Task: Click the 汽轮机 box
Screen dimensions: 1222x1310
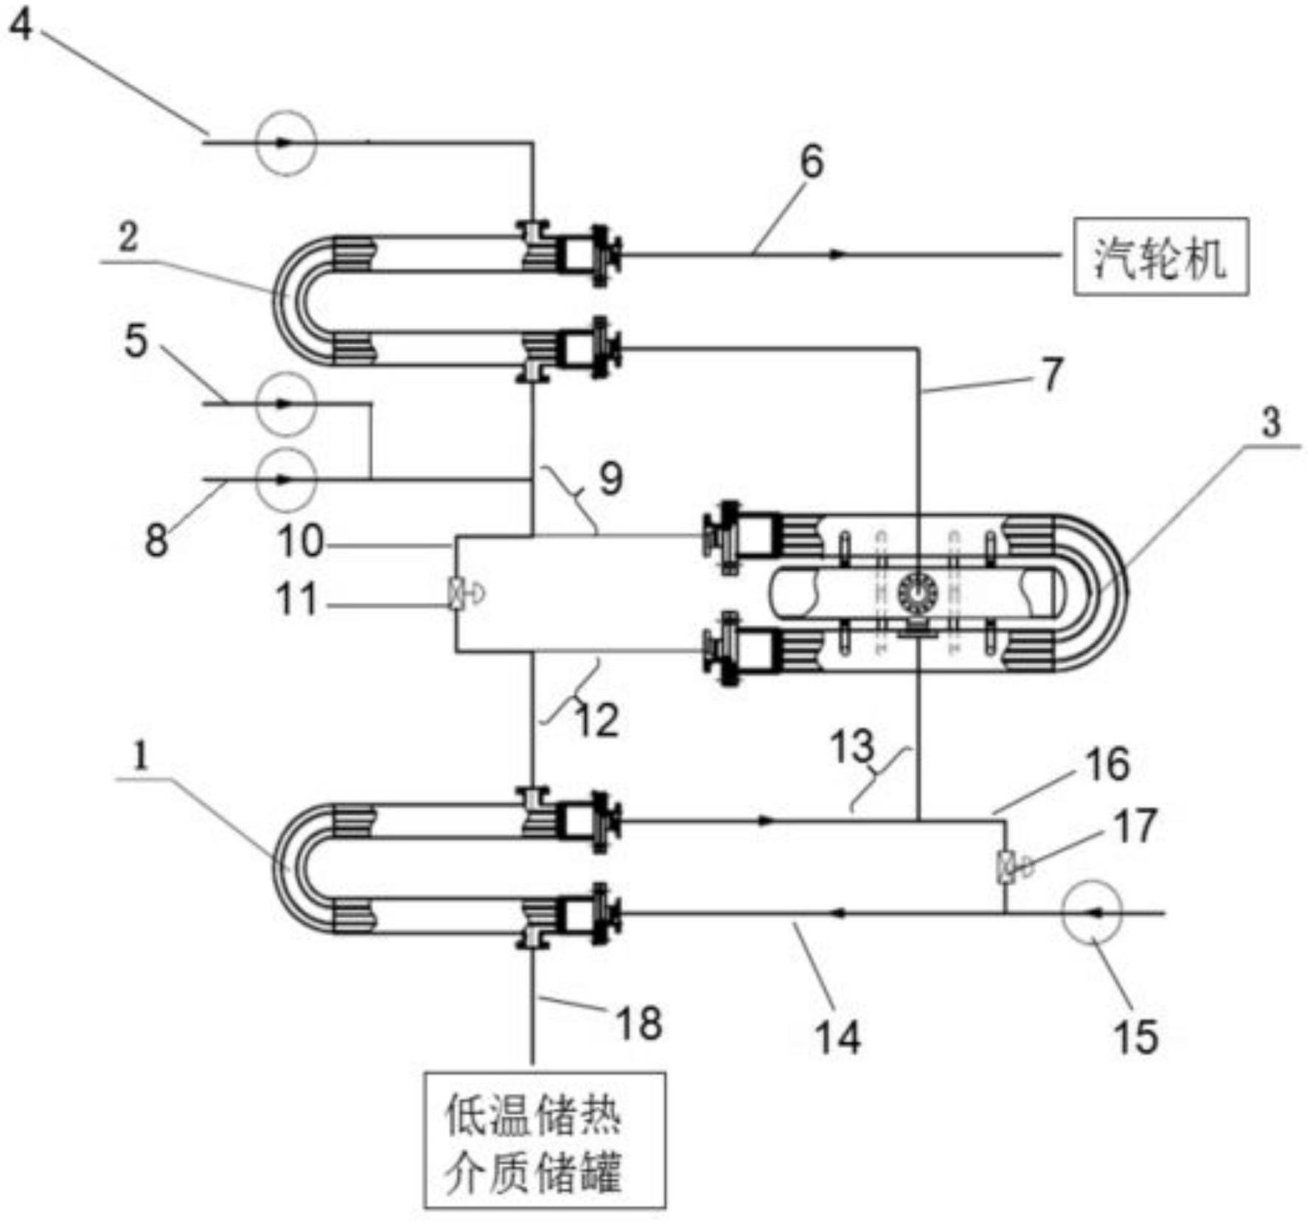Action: (x=1160, y=256)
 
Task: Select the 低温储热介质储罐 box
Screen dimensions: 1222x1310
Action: (x=544, y=1140)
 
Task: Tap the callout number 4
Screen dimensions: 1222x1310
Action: (x=20, y=25)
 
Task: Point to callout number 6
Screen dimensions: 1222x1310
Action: (x=812, y=162)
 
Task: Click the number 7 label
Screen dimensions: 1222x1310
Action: (x=1052, y=374)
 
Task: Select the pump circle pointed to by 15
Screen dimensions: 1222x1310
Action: (x=1092, y=912)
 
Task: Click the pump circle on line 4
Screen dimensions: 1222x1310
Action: (x=286, y=143)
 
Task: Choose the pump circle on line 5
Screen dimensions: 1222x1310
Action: (x=286, y=404)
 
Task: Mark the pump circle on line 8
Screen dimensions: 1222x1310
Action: (x=286, y=479)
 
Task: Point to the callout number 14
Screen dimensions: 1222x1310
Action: (x=838, y=1037)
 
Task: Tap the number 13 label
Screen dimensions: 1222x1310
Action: (x=852, y=747)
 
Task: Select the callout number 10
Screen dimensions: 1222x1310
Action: (x=300, y=542)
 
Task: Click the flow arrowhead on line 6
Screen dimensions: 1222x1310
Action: (x=836, y=254)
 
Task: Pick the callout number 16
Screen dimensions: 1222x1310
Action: (x=1107, y=764)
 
